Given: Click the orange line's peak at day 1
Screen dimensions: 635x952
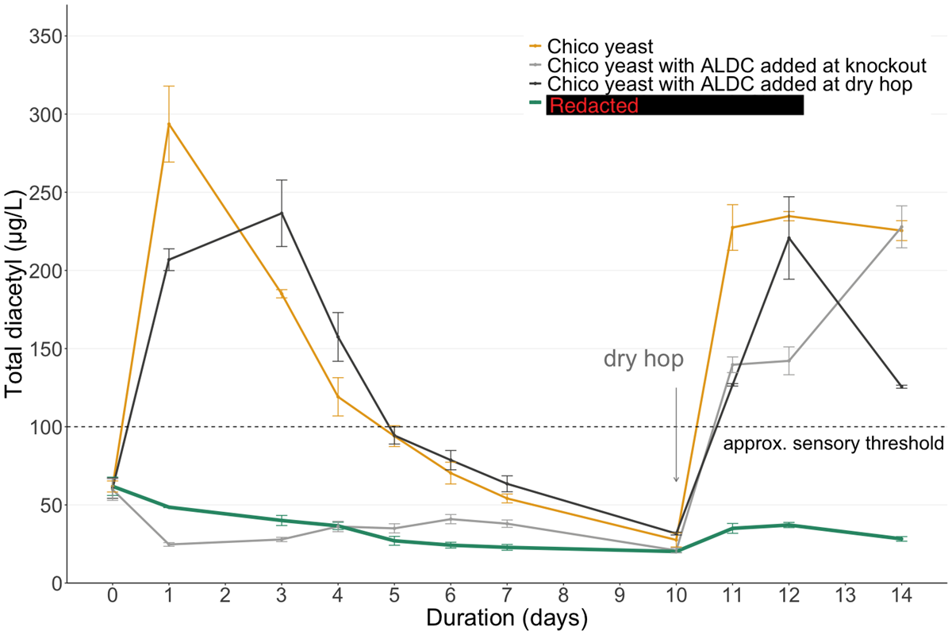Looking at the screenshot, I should (168, 123).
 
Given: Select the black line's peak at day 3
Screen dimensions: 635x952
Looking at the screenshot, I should (282, 213).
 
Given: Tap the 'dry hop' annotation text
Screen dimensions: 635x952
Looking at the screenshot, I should (643, 360).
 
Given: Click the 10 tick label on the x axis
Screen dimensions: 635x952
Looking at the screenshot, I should (675, 595).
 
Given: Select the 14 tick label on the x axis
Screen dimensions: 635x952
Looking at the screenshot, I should (900, 595).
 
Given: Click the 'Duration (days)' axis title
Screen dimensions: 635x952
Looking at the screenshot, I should (506, 618).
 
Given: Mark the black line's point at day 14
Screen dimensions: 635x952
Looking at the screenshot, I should (900, 387).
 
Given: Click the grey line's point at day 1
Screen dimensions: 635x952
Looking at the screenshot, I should (168, 545).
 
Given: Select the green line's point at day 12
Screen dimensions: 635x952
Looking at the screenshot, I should (788, 525).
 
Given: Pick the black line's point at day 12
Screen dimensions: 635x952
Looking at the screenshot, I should (788, 237).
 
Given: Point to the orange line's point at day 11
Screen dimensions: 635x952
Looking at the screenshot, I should (731, 228).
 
